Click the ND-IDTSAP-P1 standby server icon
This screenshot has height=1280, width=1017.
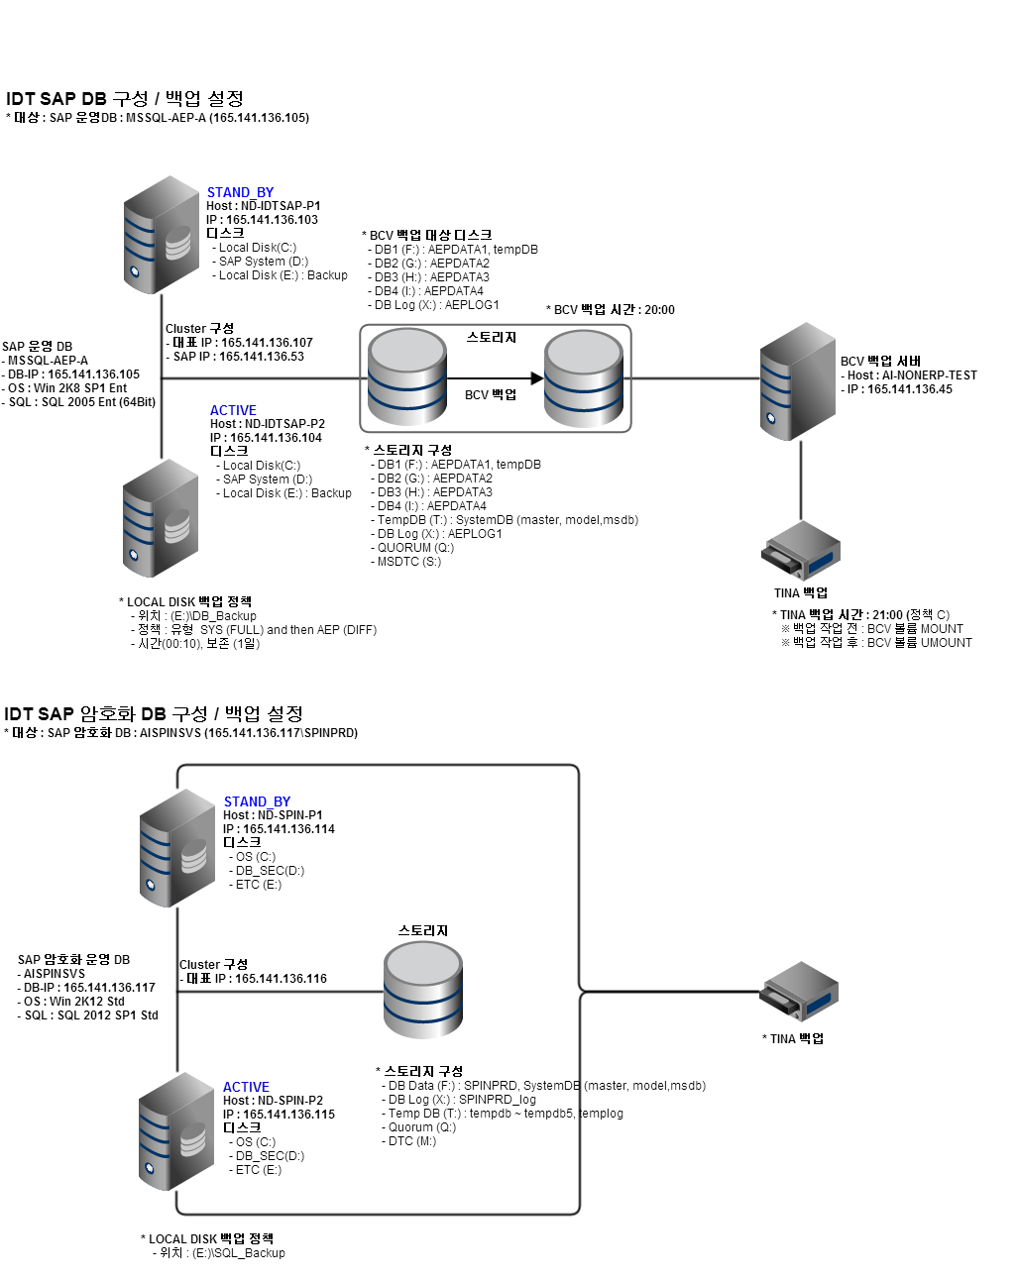tap(162, 235)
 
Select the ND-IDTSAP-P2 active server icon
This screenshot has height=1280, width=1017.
tap(161, 518)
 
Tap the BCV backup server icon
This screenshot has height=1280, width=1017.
tap(799, 381)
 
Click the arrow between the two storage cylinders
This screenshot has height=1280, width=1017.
tap(496, 378)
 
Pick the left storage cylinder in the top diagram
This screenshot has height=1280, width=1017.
tap(406, 377)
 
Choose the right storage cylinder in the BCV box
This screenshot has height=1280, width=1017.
tap(584, 377)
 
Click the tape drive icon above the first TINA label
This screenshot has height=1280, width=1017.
tap(801, 552)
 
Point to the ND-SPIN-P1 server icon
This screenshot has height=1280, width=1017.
tap(177, 848)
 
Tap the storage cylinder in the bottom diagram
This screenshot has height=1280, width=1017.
tap(423, 990)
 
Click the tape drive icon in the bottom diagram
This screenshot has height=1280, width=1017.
tap(800, 992)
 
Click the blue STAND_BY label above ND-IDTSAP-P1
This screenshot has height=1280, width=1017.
tap(240, 192)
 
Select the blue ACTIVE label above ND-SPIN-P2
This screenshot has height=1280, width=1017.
tap(246, 1087)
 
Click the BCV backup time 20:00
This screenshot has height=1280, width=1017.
tap(659, 310)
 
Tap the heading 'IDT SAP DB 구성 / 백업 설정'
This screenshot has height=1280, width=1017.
tap(125, 98)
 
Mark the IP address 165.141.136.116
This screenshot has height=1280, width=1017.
tap(281, 979)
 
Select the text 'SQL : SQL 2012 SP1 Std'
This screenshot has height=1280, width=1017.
tap(91, 1015)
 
